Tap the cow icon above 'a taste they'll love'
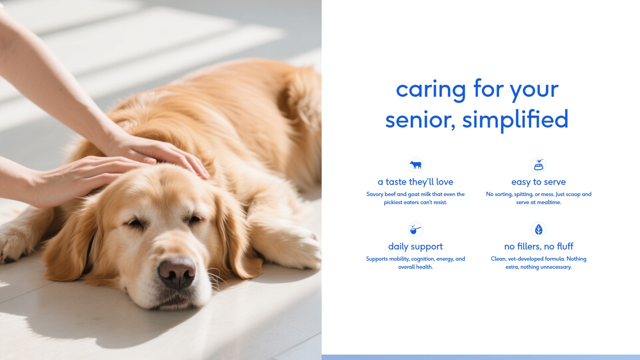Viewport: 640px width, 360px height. (x=415, y=165)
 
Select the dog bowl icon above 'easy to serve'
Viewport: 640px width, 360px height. (x=538, y=165)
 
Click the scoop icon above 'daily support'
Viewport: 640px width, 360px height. (x=415, y=229)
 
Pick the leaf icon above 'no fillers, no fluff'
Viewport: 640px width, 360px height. (x=538, y=229)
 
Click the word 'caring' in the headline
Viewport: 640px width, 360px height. (x=431, y=90)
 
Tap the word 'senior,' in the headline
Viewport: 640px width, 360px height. (x=420, y=121)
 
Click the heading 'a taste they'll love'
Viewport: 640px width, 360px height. (x=415, y=182)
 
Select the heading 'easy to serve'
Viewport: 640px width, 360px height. (x=538, y=182)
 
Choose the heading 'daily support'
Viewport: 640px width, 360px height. (x=415, y=247)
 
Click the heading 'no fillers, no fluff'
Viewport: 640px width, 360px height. (x=538, y=246)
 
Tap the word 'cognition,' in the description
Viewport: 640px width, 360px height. (x=423, y=259)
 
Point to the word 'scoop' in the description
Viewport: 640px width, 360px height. (x=573, y=195)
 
